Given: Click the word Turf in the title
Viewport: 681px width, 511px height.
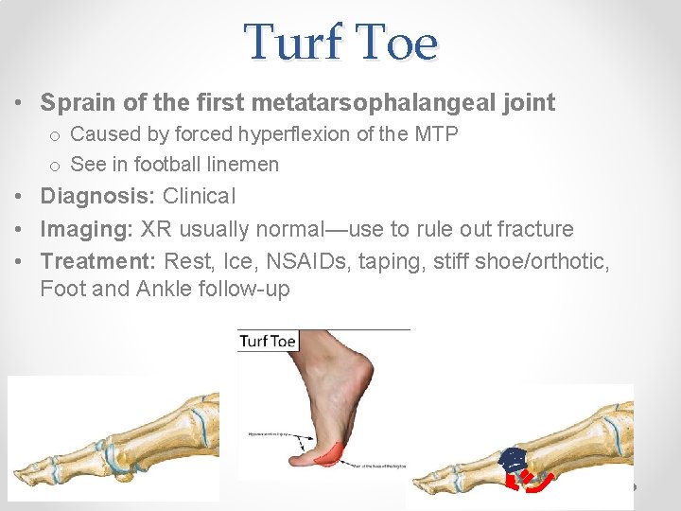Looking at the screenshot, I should (293, 43).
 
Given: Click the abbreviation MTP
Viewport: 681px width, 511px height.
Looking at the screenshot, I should (435, 134).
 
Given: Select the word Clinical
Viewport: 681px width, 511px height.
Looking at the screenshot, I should (200, 197).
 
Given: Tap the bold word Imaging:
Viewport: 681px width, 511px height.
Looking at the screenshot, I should (88, 229).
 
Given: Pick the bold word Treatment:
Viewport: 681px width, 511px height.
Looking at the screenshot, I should (98, 260).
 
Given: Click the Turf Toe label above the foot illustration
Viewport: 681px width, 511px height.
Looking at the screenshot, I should (268, 341).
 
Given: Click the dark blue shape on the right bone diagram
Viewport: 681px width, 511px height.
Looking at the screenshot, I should (512, 461).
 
